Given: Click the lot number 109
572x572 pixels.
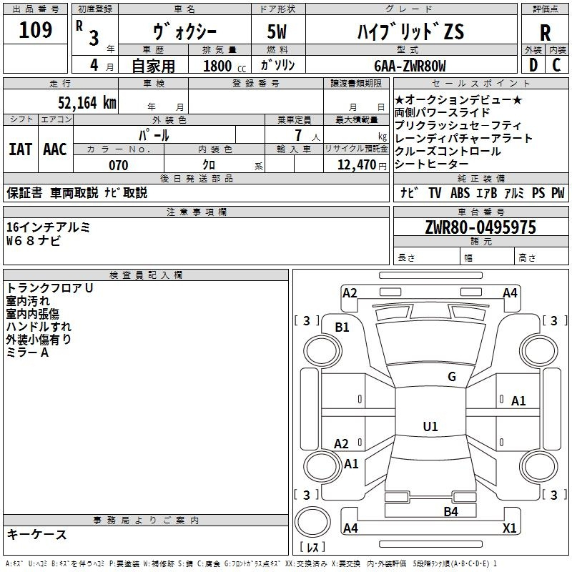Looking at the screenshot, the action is pos(35,30).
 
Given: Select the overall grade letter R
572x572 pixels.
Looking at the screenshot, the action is pos(545,33).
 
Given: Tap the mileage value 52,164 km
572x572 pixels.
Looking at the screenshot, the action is pos(87,103).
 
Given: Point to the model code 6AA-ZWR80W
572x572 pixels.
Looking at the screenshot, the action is pos(410,66).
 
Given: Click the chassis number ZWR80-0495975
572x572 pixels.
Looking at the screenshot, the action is pos(480,227).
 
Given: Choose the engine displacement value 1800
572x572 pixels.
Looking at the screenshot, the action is pos(217,66).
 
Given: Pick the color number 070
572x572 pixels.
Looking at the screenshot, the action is pos(119,165).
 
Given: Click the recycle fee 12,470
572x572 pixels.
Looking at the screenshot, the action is pos(357,165).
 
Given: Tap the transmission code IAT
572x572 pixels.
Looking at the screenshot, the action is pos(21,149).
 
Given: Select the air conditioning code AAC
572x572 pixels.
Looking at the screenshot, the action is pos(55,149).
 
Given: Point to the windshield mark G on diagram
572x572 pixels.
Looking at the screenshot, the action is pos(452,376).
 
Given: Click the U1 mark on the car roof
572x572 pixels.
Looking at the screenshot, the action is pos(430,426).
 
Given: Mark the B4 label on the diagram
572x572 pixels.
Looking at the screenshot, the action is pos(450,511).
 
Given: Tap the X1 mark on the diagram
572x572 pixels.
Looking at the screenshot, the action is pos(509,528).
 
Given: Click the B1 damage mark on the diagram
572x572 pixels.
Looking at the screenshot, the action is pos(342,327).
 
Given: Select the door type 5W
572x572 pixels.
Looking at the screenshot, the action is pos(277,31).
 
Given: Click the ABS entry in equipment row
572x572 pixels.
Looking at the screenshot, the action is pos(460,193).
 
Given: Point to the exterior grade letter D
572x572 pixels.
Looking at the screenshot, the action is pos(533,65).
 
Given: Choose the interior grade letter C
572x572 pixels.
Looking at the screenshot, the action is pos(556,65).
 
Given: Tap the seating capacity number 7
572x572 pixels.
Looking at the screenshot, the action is pos(298,135).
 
